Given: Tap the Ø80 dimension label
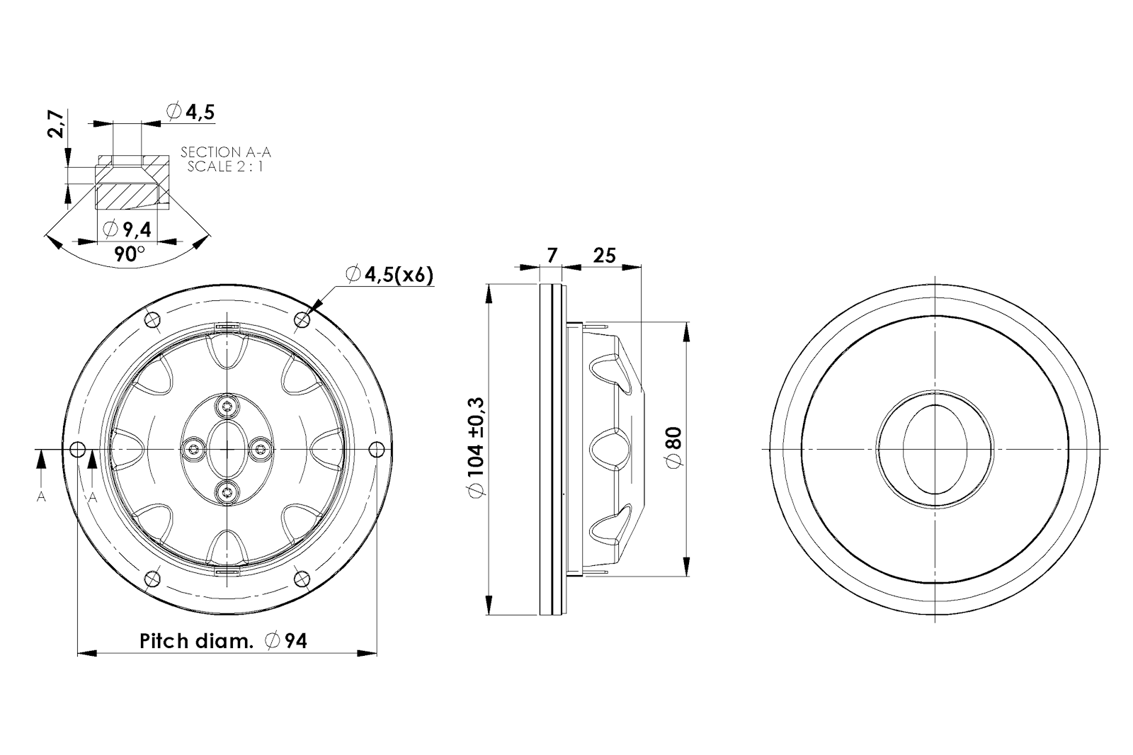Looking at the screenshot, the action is coord(675,448).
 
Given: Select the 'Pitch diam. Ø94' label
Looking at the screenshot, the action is coord(223,641).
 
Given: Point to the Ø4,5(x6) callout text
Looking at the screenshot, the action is coord(389,275).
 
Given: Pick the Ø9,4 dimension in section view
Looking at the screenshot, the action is coord(127,229).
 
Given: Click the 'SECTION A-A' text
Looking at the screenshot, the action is coord(226,152).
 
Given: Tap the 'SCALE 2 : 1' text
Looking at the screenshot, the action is coord(225,166).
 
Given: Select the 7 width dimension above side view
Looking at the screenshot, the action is coord(552,255).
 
